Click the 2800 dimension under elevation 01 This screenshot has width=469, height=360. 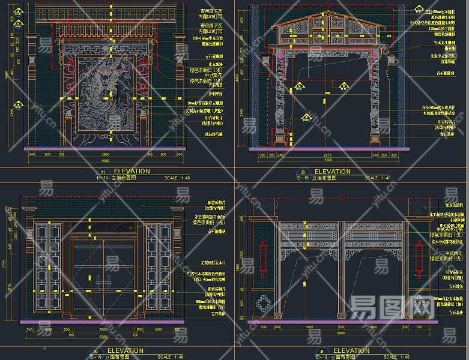coord(106,155)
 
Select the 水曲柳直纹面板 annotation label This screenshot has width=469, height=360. coord(208,215)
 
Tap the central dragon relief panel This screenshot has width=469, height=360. coord(106,99)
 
